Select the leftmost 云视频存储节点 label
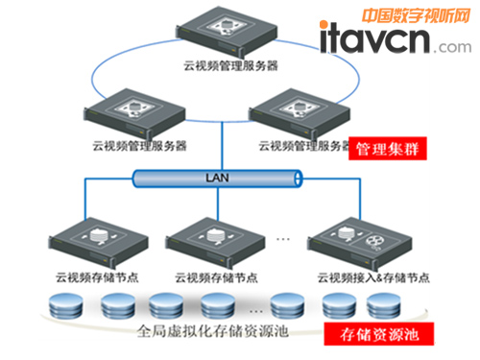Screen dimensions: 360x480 (84, 276)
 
